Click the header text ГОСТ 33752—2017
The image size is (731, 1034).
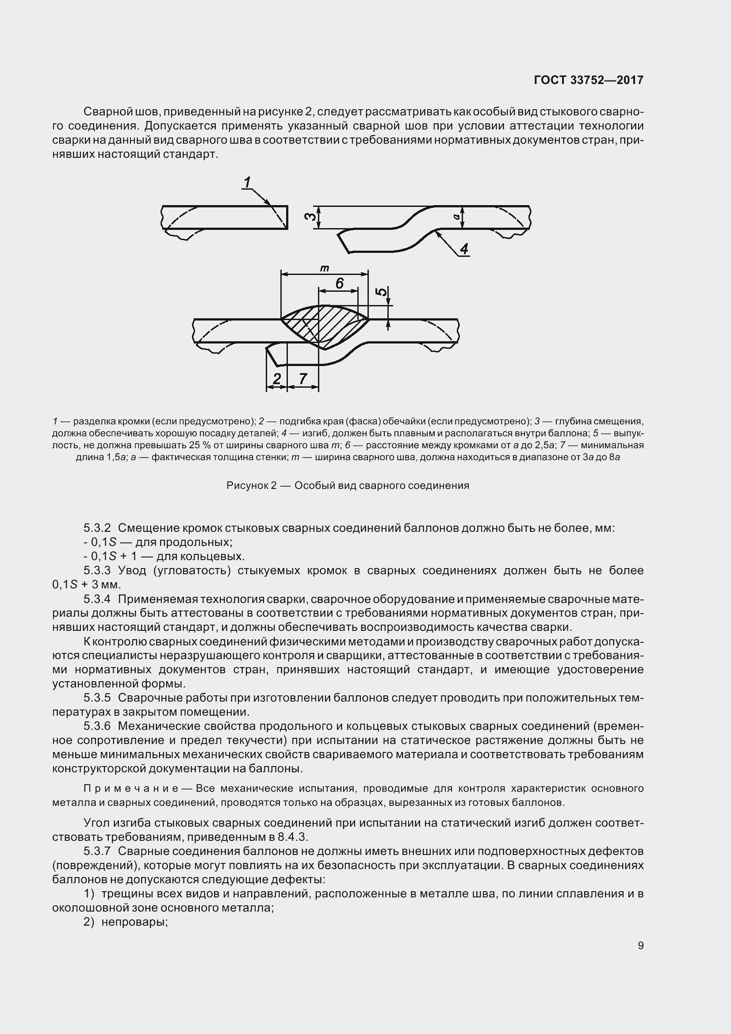click(x=588, y=80)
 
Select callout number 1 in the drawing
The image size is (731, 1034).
click(x=247, y=183)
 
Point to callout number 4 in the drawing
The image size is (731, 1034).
click(x=464, y=248)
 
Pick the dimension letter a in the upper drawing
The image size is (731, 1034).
click(x=456, y=217)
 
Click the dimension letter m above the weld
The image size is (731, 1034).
click(x=324, y=268)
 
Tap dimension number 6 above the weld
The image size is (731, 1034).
click(x=340, y=283)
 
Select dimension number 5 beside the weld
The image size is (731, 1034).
click(x=382, y=292)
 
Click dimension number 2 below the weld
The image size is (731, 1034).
click(x=277, y=378)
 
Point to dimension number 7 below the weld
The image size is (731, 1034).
click(x=302, y=378)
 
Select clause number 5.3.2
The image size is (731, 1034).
click(x=97, y=528)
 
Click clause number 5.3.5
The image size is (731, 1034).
click(x=97, y=698)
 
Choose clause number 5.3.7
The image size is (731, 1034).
click(x=97, y=851)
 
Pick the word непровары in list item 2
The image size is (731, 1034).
click(x=134, y=922)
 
